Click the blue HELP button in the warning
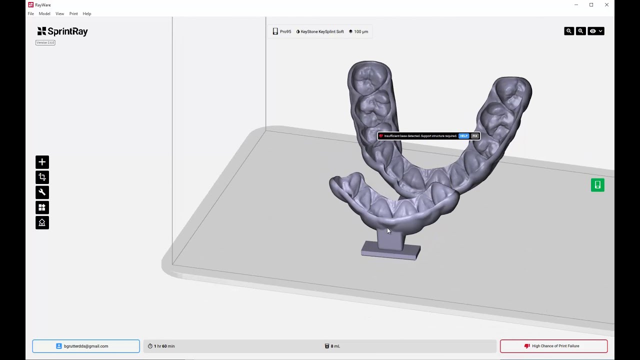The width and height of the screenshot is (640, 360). point(463,136)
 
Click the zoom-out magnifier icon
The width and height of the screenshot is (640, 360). point(569,31)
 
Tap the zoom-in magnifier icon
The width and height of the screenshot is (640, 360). point(580,31)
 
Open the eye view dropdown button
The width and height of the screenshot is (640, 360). point(596,31)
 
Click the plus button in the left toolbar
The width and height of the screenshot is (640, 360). point(42,162)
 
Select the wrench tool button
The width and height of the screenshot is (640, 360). point(42,192)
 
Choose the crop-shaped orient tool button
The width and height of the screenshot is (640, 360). point(42,177)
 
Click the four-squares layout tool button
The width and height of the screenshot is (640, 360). point(42,207)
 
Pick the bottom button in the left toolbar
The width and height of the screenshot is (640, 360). point(42,223)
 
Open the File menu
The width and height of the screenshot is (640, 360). point(31,13)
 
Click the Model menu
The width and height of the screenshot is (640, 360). point(44,13)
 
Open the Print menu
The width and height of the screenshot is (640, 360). point(73,13)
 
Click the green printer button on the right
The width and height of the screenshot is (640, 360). point(597,185)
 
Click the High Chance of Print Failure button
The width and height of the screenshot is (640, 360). point(553,346)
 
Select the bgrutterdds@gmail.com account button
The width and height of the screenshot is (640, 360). point(86,346)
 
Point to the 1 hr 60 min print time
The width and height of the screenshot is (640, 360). point(161,346)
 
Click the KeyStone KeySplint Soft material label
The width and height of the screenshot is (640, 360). point(320,31)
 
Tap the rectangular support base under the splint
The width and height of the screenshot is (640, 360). point(391,250)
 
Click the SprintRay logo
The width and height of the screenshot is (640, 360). point(62,31)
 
